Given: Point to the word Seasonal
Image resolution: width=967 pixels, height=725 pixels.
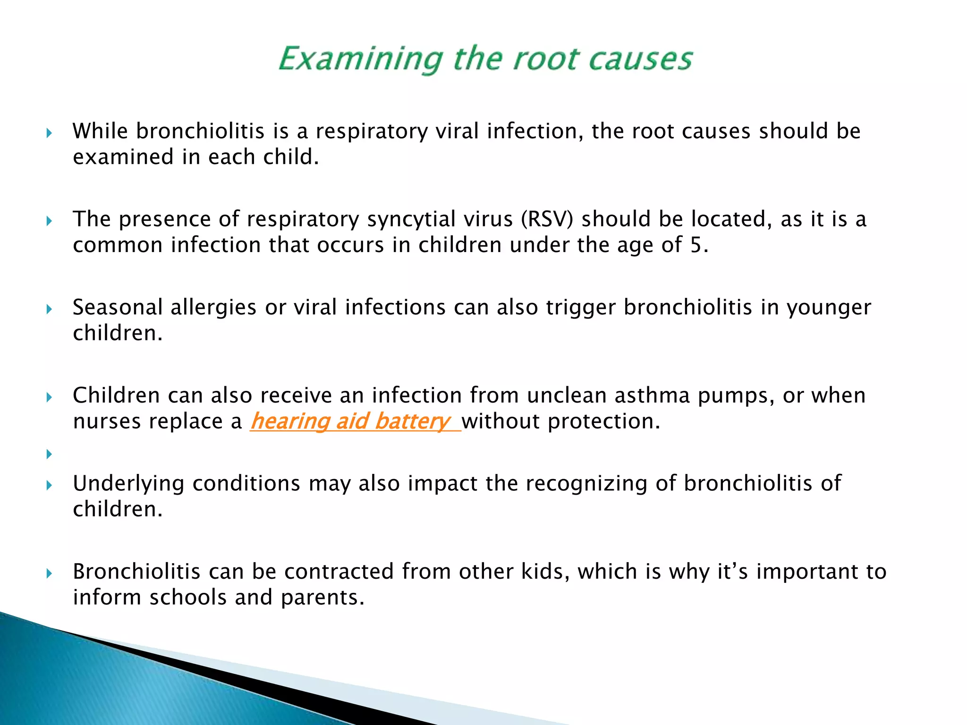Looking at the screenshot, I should [118, 307].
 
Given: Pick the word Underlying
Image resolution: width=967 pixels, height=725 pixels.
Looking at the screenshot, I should [128, 484].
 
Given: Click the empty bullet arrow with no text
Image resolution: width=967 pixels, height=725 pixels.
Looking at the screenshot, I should [49, 455].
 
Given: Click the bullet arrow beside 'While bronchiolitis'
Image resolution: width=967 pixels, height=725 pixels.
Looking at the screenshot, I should [49, 133].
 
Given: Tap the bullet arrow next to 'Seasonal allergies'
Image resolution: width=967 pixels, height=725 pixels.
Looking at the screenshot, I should [49, 310].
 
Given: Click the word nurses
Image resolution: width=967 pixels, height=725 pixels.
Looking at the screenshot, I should [107, 422].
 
